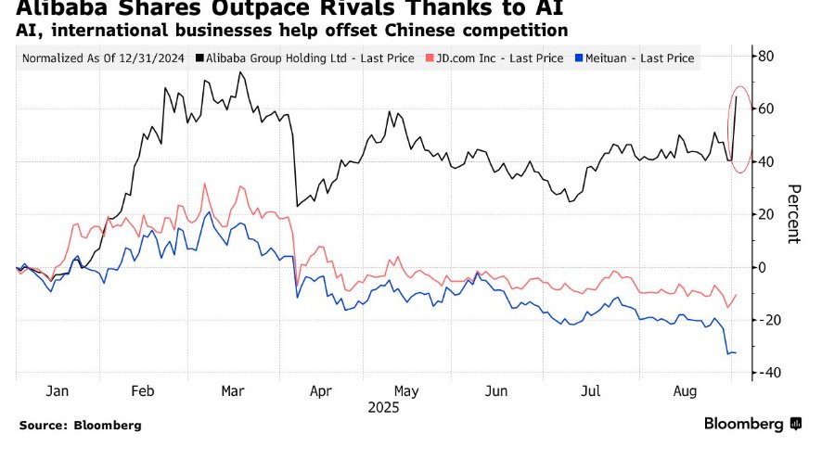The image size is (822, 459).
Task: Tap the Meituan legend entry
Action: click(639, 58)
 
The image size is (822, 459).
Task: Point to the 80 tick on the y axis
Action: click(766, 56)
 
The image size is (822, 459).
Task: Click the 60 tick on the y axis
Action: click(766, 108)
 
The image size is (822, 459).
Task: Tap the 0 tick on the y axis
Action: click(763, 267)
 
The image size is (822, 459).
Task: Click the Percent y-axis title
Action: click(793, 213)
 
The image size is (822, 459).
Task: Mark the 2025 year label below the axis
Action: click(382, 407)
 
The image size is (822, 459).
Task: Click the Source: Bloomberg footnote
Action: click(80, 425)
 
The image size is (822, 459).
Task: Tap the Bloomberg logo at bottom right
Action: click(751, 424)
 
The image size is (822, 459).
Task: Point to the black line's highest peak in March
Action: click(240, 72)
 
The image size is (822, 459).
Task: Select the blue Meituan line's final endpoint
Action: click(736, 353)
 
